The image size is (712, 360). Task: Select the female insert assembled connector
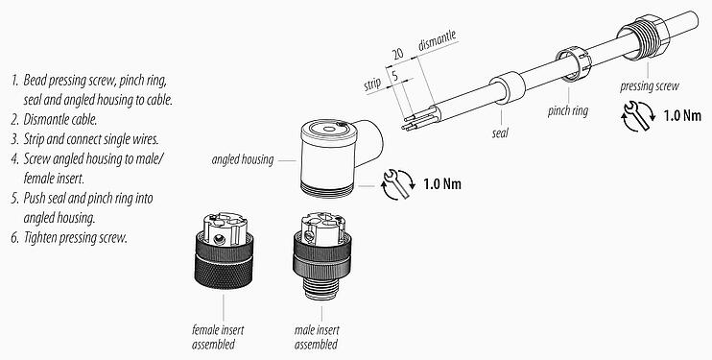224,258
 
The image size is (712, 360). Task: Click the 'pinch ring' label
568,111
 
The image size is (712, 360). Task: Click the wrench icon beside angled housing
393,181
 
